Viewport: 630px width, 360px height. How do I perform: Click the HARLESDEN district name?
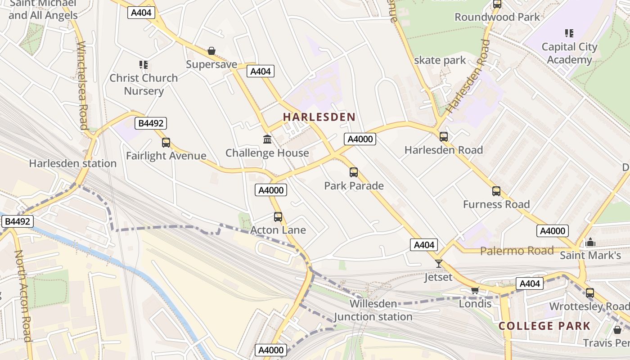(x=319, y=117)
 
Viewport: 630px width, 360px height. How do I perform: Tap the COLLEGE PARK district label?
(x=544, y=326)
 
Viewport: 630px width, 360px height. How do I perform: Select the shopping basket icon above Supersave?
(x=211, y=51)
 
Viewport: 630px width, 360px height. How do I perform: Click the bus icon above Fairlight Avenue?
(x=166, y=143)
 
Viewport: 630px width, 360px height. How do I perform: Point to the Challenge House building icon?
(x=267, y=139)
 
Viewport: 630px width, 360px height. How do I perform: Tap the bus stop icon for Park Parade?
(x=354, y=172)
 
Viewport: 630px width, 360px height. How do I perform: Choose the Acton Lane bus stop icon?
(x=278, y=217)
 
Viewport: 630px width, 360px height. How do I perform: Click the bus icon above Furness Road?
(x=496, y=191)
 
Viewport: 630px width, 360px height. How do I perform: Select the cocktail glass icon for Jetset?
(x=439, y=264)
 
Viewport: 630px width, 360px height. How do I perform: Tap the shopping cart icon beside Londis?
(x=475, y=290)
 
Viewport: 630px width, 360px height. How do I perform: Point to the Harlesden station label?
(x=73, y=163)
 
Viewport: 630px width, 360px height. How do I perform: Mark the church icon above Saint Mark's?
(x=590, y=243)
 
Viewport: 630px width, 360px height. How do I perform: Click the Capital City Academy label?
(x=569, y=53)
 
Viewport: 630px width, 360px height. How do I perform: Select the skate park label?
(x=440, y=60)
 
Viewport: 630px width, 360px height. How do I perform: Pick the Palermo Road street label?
(x=517, y=251)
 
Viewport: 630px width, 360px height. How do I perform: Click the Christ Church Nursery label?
(x=144, y=84)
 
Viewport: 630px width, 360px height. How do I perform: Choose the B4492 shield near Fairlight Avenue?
(x=151, y=123)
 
